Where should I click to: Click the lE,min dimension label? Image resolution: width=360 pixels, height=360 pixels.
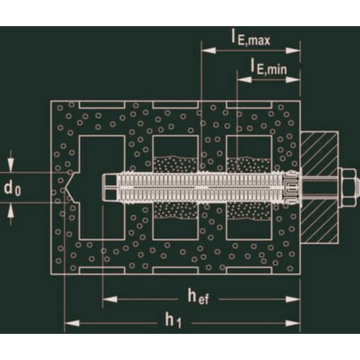tap(269, 67)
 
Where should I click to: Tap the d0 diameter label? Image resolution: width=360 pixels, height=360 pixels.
tap(13, 188)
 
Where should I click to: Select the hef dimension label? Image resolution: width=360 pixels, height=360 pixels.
tap(198, 296)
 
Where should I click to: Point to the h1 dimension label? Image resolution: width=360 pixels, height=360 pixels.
tap(173, 320)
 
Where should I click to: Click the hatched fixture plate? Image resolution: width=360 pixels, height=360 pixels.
tap(319, 188)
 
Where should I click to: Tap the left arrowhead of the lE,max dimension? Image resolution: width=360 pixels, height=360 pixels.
tap(209, 51)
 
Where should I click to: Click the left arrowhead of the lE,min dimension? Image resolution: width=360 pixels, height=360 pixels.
tap(245, 79)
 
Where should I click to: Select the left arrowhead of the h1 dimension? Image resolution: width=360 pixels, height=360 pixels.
tap(72, 323)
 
